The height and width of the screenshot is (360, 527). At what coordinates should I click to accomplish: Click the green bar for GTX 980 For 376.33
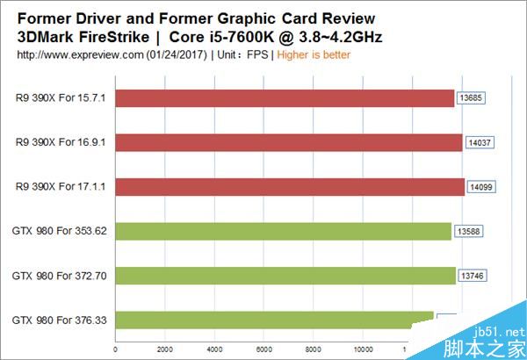(x=274, y=320)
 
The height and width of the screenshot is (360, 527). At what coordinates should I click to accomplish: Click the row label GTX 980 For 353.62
(x=59, y=231)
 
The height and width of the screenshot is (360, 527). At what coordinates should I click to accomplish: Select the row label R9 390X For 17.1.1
(x=61, y=187)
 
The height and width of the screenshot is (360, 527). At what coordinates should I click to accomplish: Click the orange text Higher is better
(x=314, y=54)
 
